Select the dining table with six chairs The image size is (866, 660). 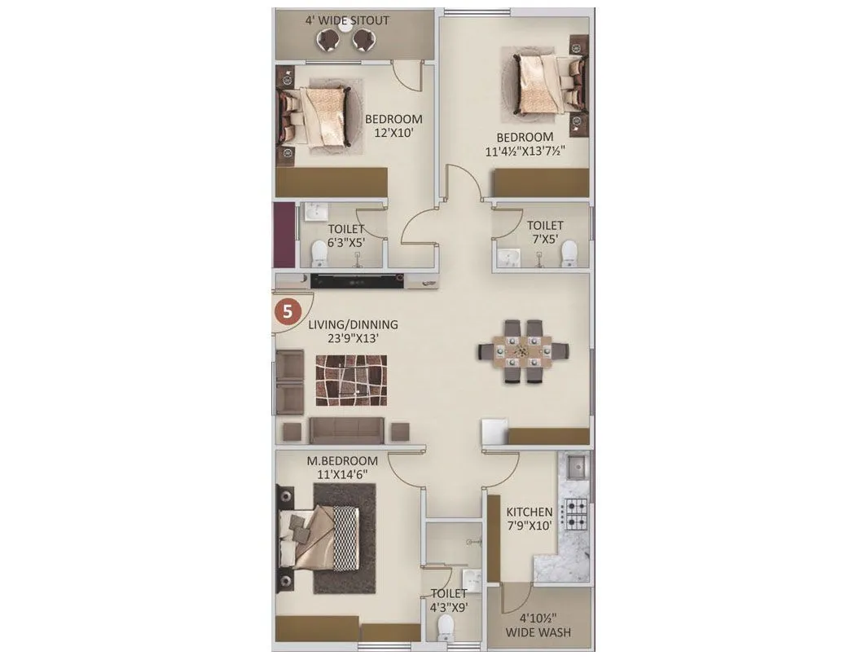(x=523, y=351)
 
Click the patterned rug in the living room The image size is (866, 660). (x=351, y=380)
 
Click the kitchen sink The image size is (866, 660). (x=576, y=467)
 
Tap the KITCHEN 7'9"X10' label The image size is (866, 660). (x=530, y=518)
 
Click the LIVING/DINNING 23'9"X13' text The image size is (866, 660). (x=353, y=331)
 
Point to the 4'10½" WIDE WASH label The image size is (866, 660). (x=538, y=625)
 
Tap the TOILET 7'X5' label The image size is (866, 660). (x=545, y=232)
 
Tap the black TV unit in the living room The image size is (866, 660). (x=358, y=281)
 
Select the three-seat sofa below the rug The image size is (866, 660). (x=347, y=429)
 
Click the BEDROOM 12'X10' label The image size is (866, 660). (x=393, y=125)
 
